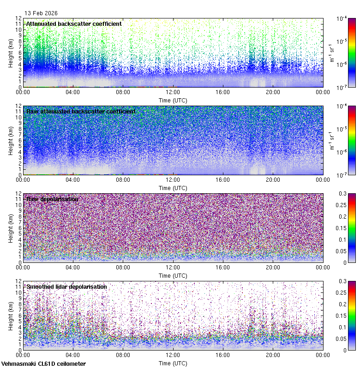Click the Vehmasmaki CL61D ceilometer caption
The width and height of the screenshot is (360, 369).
tap(43, 364)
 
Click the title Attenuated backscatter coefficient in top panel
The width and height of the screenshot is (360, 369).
tap(74, 24)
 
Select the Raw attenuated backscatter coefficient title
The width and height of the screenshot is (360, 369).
tap(81, 111)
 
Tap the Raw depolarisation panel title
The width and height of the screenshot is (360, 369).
tap(52, 199)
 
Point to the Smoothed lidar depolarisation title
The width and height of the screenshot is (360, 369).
tap(66, 286)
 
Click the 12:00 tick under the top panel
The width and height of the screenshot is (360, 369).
tap(173, 92)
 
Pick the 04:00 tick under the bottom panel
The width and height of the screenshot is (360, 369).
tap(73, 355)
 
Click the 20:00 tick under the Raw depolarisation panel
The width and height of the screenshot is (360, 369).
tap(273, 268)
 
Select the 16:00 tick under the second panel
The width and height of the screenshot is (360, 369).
tap(222, 180)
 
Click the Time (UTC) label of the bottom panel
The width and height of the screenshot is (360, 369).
tap(173, 363)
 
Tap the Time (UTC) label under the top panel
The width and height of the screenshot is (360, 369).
tap(173, 100)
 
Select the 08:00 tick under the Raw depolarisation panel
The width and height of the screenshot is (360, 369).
tap(123, 268)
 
